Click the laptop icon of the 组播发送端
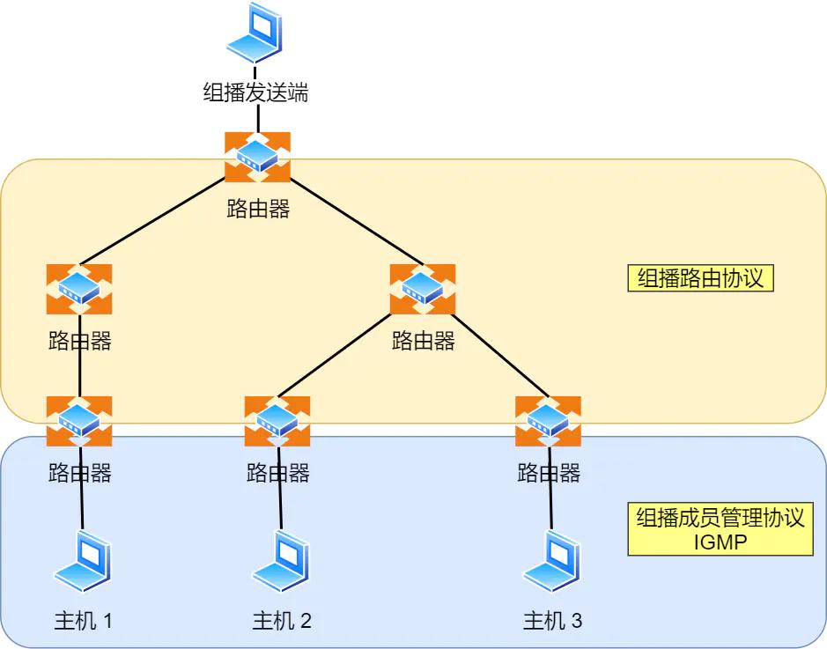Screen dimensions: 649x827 point(255,33)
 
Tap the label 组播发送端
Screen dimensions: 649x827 point(255,92)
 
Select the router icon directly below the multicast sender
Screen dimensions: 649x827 point(257,157)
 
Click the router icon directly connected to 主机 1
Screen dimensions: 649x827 point(79,421)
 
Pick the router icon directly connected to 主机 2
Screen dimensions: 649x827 point(277,421)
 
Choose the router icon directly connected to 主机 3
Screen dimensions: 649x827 point(548,421)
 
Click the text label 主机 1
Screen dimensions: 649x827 point(84,621)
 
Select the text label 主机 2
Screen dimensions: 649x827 point(282,621)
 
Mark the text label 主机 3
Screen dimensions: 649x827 point(552,621)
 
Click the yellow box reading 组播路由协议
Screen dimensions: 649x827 point(700,278)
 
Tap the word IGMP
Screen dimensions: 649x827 point(720,542)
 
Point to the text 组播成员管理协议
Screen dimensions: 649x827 point(720,518)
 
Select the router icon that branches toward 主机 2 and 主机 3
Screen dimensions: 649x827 point(423,289)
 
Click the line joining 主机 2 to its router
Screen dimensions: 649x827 point(280,506)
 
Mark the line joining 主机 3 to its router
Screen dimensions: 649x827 point(550,506)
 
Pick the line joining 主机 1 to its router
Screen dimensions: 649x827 point(82,506)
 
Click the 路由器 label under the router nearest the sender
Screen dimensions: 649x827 point(257,209)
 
